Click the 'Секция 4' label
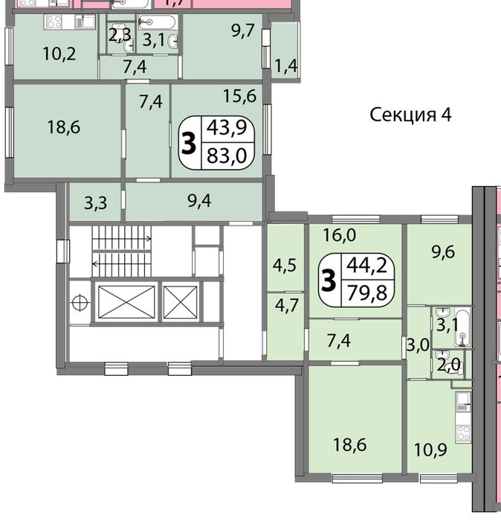pos(410,115)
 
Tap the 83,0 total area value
pos(227,156)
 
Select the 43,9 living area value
pos(227,127)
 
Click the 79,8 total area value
pos(367,293)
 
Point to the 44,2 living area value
pos(367,266)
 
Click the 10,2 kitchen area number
pos(59,54)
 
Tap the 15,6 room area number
pos(239,96)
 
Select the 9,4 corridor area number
pos(199,201)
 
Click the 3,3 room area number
pos(96,203)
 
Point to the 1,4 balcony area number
pos(285,66)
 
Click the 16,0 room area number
pos(340,235)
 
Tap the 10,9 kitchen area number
pos(430,450)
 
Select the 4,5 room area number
pos(285,266)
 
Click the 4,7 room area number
pos(287,305)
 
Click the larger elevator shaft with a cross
pos(126,302)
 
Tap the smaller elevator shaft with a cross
pos(181,302)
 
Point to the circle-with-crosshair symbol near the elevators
pos(80,303)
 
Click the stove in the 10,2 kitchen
pos(54,22)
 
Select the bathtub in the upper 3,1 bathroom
pos(157,22)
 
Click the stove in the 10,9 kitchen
pos(463,432)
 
